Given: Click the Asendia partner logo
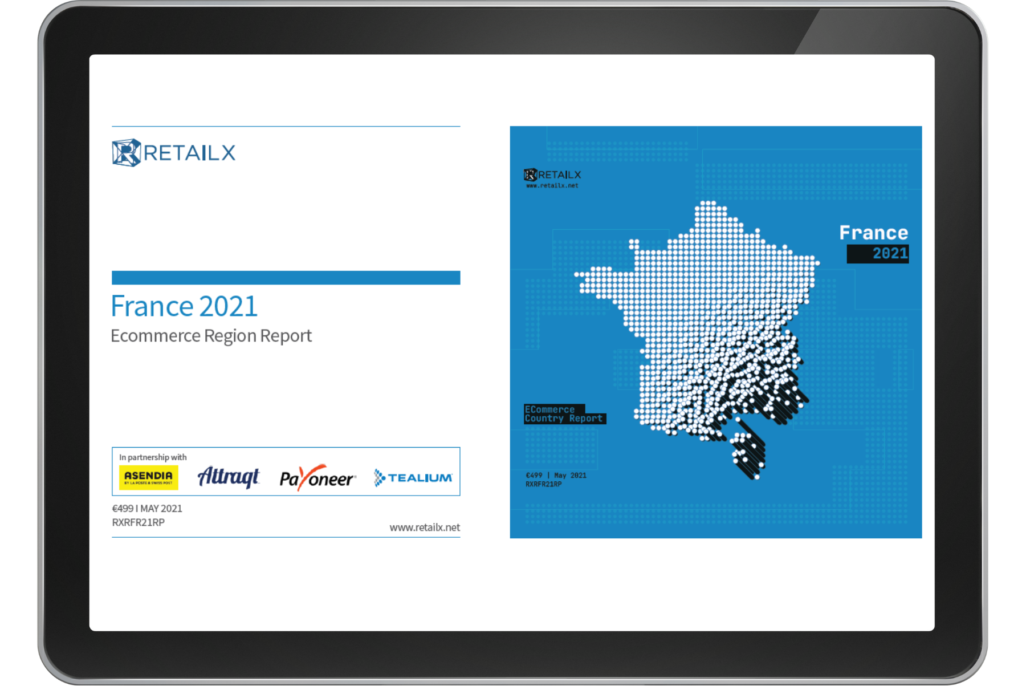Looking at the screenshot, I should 148,478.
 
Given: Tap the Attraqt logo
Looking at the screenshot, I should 228,477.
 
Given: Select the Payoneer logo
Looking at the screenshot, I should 317,478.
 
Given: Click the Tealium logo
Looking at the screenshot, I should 413,478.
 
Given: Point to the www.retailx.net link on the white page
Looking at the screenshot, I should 425,527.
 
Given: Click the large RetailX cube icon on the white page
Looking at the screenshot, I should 127,153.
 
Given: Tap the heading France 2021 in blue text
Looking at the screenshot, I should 184,306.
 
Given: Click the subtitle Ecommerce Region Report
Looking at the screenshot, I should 211,336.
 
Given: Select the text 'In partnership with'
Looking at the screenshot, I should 153,457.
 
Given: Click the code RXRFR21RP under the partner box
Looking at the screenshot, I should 139,522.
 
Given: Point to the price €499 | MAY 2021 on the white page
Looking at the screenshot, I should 147,508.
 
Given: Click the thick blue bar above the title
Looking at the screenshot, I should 286,278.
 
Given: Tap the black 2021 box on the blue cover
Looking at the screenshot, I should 878,254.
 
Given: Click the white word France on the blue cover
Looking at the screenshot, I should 873,233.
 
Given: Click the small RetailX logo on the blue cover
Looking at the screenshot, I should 552,174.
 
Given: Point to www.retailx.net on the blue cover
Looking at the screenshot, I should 552,185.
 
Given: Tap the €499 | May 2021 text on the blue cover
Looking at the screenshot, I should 556,475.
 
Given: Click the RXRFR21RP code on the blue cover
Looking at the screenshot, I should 543,484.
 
